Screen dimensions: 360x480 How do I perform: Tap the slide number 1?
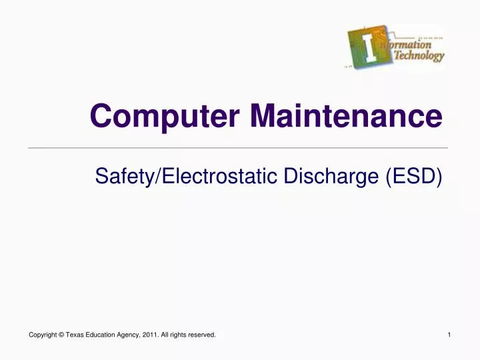[x=450, y=335]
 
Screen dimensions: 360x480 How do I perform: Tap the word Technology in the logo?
[x=419, y=57]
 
